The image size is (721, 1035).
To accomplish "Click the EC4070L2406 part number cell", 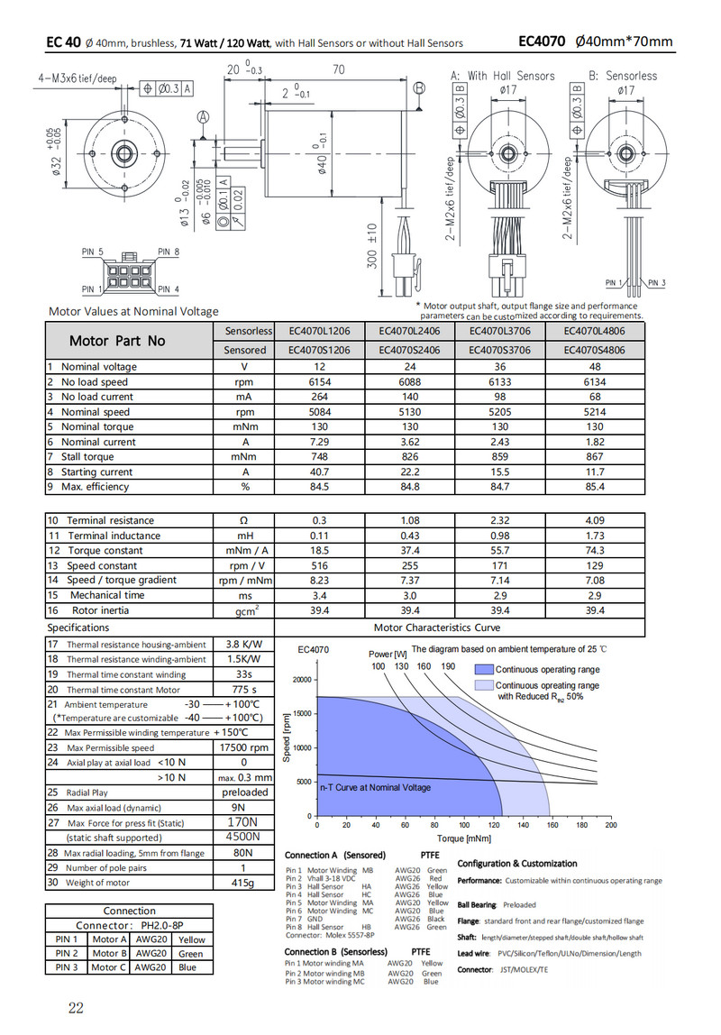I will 410,331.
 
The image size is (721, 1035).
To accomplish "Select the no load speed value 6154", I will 318,382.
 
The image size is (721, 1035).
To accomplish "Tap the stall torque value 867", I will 595,457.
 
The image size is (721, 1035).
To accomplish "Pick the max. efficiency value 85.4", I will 595,487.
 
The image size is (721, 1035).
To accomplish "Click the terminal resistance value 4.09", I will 595,520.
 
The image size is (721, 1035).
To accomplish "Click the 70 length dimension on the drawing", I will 339,69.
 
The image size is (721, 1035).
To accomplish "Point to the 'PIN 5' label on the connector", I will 93,252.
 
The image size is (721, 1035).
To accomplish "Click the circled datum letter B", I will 419,88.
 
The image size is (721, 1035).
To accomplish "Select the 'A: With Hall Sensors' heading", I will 502,76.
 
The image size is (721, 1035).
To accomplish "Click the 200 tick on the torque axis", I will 611,825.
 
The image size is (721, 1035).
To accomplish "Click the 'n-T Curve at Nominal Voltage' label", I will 375,787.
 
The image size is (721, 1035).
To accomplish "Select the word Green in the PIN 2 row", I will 190,953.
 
